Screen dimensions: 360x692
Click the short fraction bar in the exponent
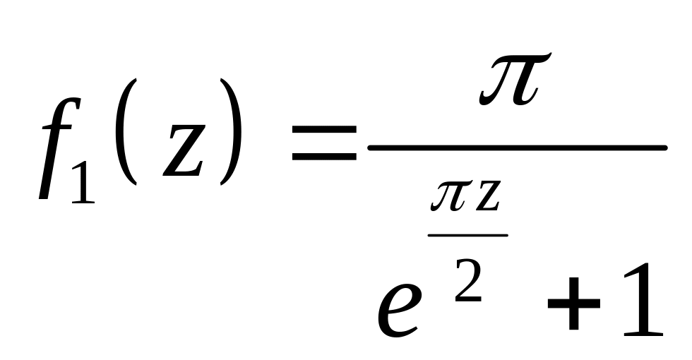467,234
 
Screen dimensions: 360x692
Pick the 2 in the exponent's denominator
467,282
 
